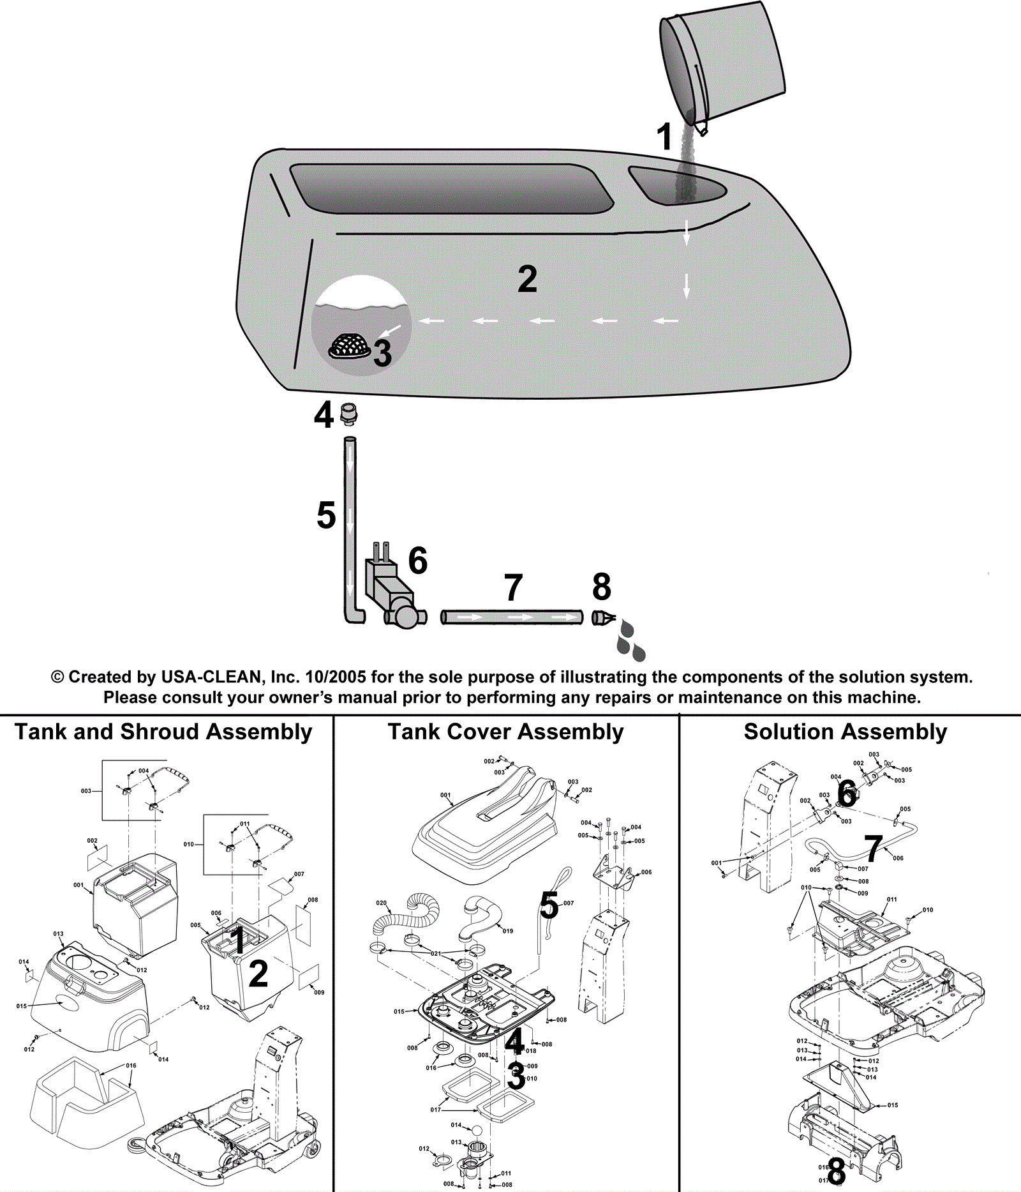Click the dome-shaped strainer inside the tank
point(349,346)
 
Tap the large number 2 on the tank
point(527,279)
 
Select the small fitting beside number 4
point(348,414)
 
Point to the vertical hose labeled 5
point(350,524)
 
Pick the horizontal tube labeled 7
point(511,617)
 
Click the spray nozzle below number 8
point(602,618)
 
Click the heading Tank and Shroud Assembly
point(163,732)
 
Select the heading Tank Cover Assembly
point(505,732)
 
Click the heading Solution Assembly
point(846,732)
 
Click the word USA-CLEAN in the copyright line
point(211,677)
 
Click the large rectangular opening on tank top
point(452,188)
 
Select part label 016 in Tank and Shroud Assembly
point(131,1066)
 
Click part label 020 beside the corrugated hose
point(381,903)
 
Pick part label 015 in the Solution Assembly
point(893,1105)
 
